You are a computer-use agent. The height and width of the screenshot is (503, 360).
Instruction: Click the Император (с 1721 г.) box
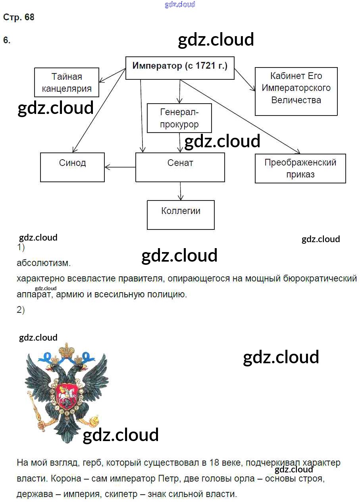180,67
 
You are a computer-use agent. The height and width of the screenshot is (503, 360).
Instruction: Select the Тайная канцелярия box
66,82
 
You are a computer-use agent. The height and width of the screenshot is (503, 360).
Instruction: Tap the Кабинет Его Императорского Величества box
296,91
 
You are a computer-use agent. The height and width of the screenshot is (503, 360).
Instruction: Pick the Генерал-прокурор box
179,118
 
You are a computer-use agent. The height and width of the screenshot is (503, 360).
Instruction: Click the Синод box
72,167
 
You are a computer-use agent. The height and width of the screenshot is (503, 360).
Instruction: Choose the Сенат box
180,167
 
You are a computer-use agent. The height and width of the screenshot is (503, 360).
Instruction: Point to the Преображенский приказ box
300,168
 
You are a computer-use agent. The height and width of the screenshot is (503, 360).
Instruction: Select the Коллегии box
181,215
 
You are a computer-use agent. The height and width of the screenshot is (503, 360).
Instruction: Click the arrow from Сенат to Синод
120,167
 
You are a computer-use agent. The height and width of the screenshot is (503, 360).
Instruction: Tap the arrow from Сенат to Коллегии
181,191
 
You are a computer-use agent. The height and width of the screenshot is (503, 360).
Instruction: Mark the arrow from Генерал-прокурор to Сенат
180,142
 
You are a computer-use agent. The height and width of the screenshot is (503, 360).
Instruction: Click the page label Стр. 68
19,17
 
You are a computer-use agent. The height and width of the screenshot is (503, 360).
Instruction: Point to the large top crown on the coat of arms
67,351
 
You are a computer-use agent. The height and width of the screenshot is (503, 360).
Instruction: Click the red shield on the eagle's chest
66,396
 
